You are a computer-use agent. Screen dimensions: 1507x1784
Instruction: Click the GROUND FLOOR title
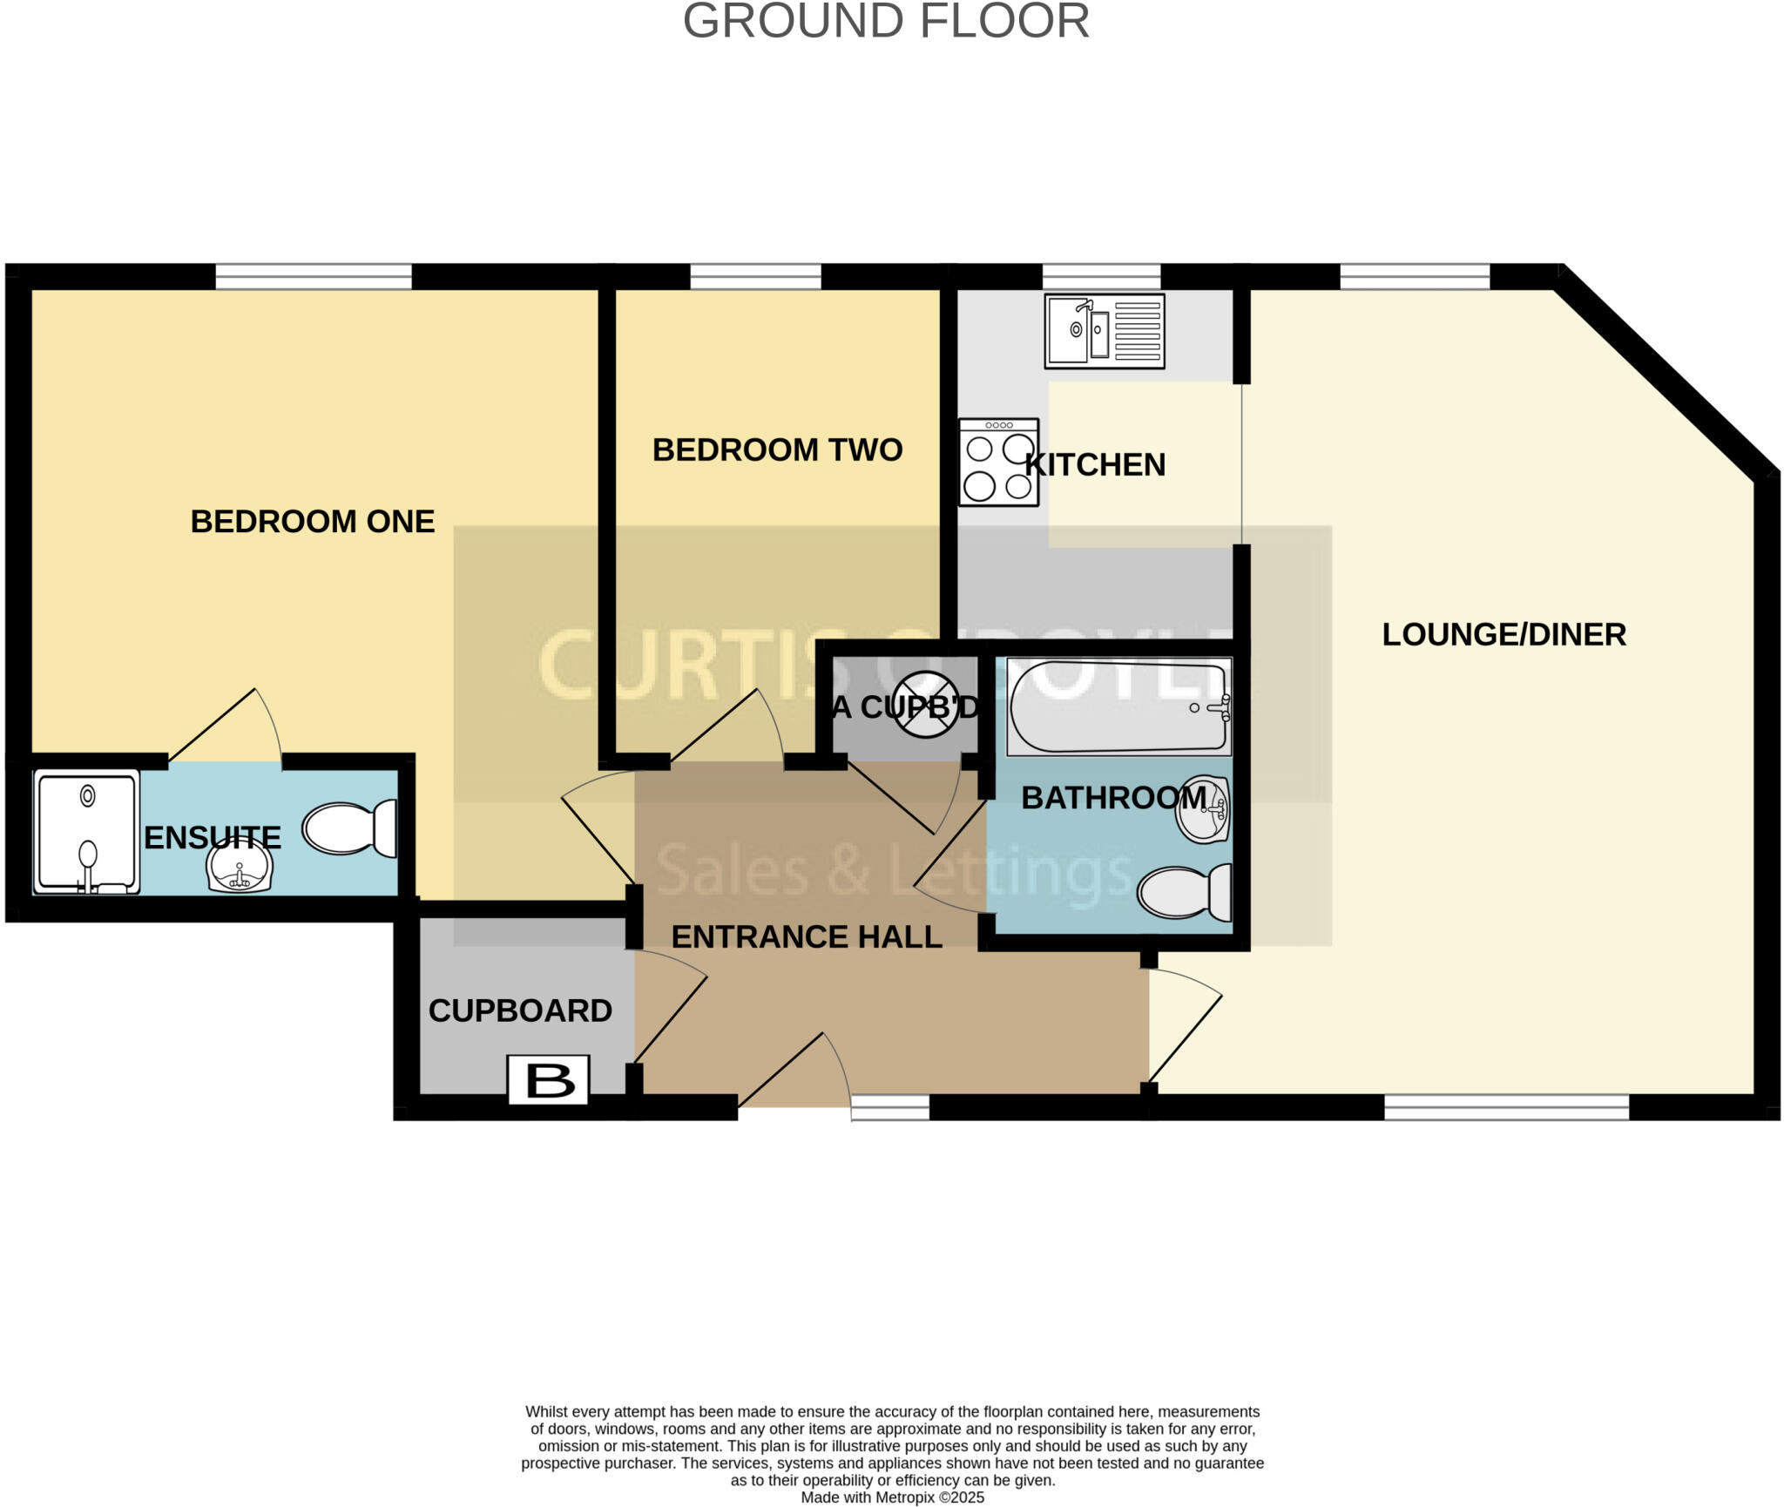(x=886, y=22)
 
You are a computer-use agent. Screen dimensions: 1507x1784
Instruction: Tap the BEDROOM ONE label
(x=312, y=522)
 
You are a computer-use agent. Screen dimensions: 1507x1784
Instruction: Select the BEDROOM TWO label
(x=777, y=450)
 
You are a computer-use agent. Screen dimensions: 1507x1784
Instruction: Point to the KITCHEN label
(x=1095, y=465)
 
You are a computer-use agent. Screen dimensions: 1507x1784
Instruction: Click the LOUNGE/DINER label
(x=1504, y=634)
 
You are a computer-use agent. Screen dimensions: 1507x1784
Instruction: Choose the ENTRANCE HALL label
(x=807, y=937)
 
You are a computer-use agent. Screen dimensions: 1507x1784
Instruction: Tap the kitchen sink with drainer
(x=1105, y=331)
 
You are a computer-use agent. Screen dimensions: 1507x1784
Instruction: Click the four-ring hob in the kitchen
(x=998, y=463)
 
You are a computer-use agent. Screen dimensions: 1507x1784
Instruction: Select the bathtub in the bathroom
(x=1118, y=706)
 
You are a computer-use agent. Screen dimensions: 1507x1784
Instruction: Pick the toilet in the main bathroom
(x=1185, y=892)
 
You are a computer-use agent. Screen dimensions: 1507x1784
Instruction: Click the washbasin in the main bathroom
(x=1203, y=810)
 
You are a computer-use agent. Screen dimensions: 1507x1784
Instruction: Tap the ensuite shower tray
(x=86, y=832)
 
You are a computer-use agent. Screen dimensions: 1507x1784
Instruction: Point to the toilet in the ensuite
(x=349, y=828)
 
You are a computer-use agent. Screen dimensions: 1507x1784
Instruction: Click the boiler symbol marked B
(x=549, y=1081)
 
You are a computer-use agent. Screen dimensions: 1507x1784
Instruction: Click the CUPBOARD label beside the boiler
(x=520, y=1011)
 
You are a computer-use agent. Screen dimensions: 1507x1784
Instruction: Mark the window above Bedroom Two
(x=755, y=277)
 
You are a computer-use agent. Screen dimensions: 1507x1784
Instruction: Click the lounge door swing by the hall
(x=1185, y=1024)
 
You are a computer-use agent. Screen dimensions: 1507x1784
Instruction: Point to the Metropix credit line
(x=892, y=1497)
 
